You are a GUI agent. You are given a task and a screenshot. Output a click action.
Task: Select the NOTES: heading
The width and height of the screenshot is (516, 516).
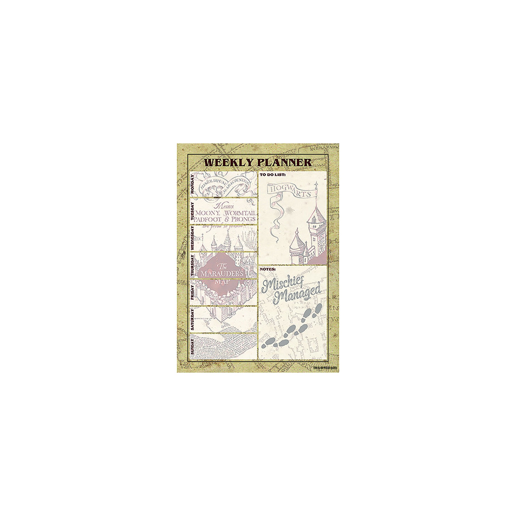point(268,269)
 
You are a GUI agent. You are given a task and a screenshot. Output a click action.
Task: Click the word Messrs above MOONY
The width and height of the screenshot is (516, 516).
point(222,206)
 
